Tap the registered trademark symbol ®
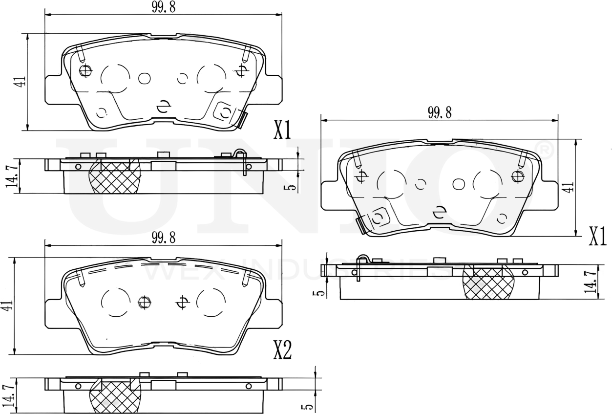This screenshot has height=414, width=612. coord(545,148)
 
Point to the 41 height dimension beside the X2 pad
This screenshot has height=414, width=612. coord(7,306)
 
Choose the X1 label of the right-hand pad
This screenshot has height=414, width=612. coord(597,237)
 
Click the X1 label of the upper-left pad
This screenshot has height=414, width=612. coord(282,131)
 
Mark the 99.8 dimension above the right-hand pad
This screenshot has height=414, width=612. coord(440,113)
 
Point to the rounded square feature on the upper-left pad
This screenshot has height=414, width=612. coord(225,112)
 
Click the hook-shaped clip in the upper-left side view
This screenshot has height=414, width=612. coord(241,161)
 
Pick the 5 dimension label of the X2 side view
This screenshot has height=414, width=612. coord(306,407)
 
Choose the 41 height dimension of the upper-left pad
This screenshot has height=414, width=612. coord(20,82)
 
